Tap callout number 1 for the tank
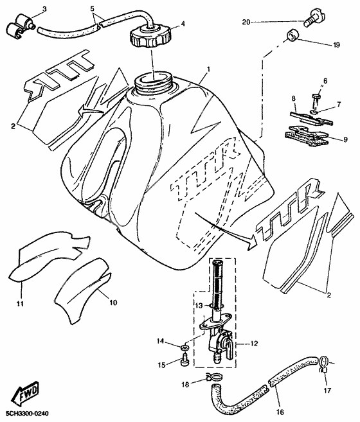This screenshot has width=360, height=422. tap(208, 68)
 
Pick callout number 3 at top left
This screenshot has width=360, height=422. tap(44, 8)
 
